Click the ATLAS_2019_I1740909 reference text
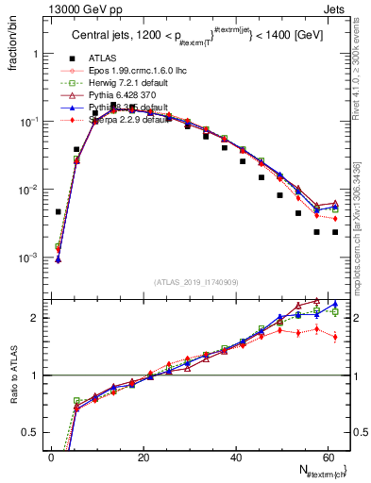195,280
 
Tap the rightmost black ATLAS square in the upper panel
335,232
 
